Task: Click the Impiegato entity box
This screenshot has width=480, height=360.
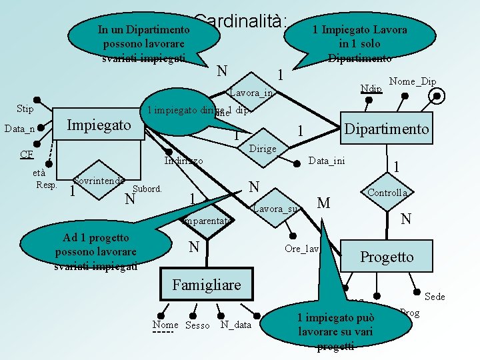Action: [99, 125]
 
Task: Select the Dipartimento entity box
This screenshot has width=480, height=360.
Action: [387, 128]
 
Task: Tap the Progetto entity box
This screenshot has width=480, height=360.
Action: [387, 257]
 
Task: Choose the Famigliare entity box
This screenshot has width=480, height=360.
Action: [207, 285]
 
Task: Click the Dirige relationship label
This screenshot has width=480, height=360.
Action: [262, 149]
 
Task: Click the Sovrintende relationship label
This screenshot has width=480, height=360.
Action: [99, 181]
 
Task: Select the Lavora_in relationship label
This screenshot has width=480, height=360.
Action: [251, 93]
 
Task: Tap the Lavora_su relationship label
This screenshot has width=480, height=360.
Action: [275, 209]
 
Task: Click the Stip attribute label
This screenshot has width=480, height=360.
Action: [25, 109]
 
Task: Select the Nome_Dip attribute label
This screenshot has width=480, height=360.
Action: [412, 81]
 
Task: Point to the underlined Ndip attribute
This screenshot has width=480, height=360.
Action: [370, 89]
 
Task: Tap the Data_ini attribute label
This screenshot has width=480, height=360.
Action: [327, 161]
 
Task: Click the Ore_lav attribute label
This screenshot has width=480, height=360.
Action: [302, 249]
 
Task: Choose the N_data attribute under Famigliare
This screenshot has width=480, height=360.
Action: [236, 325]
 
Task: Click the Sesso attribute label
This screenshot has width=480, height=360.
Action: [197, 325]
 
